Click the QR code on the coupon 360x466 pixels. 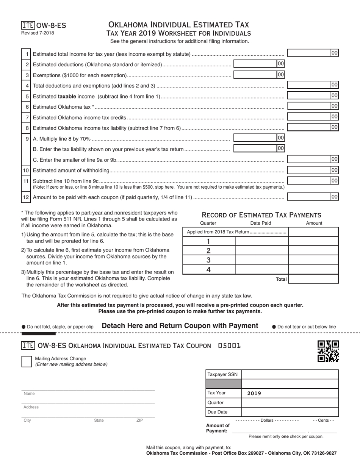point(328,351)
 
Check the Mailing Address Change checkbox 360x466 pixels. point(27,361)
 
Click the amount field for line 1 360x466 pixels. point(312,53)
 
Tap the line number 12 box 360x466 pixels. point(26,197)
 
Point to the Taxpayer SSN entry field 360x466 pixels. point(290,374)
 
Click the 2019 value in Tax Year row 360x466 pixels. point(254,393)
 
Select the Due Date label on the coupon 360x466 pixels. point(218,412)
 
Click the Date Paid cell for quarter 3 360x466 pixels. point(262,260)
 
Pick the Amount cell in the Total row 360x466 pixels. point(313,279)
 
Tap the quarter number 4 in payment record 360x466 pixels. point(208,270)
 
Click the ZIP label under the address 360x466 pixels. point(140,421)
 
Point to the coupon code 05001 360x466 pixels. point(229,346)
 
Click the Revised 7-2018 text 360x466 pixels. point(38,33)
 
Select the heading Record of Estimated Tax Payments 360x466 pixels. point(261,215)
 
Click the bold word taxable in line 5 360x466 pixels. point(67,97)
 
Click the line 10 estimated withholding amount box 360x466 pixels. point(312,170)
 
